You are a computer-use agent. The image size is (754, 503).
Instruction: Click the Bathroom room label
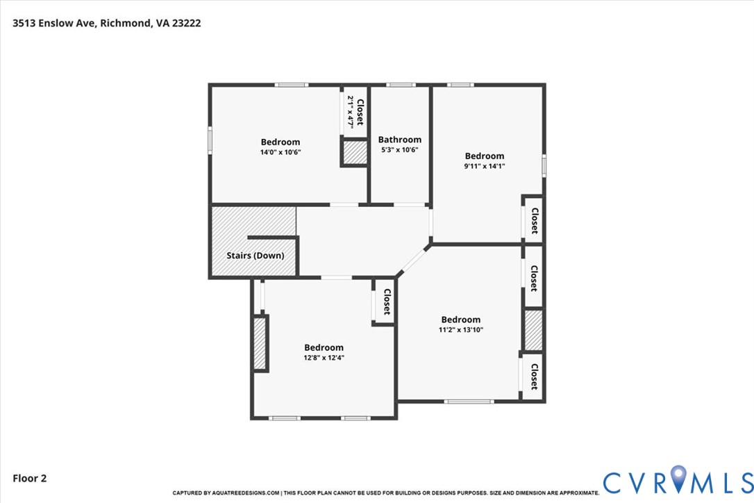pyautogui.click(x=400, y=140)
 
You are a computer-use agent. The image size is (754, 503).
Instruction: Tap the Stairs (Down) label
pyautogui.click(x=255, y=256)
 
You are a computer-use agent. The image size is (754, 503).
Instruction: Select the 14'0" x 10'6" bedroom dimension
pyautogui.click(x=280, y=152)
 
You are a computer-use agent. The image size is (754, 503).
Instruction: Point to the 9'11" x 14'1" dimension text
pyautogui.click(x=484, y=166)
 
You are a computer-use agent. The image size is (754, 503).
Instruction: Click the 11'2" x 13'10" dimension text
pyautogui.click(x=461, y=330)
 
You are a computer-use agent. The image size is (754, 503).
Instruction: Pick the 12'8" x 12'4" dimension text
pyautogui.click(x=324, y=358)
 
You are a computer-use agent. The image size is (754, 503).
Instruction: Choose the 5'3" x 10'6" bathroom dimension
pyautogui.click(x=400, y=149)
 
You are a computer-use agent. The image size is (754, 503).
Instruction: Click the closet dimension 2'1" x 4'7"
pyautogui.click(x=351, y=111)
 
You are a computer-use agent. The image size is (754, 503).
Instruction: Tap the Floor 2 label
pyautogui.click(x=29, y=478)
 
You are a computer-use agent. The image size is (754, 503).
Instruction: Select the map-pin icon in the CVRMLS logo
pyautogui.click(x=678, y=479)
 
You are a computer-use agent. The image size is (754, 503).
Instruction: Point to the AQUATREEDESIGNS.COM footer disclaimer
pyautogui.click(x=385, y=493)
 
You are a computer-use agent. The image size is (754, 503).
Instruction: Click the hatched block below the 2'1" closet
pyautogui.click(x=355, y=152)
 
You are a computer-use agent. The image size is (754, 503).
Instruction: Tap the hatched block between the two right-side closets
pyautogui.click(x=533, y=330)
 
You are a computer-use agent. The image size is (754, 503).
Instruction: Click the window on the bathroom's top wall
pyautogui.click(x=401, y=85)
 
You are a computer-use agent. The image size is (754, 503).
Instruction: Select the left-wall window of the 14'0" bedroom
pyautogui.click(x=210, y=140)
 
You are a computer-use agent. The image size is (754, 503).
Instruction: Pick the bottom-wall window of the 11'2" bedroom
pyautogui.click(x=469, y=401)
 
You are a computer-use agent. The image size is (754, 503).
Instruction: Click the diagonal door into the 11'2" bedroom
pyautogui.click(x=413, y=261)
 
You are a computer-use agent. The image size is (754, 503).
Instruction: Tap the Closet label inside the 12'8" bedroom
pyautogui.click(x=387, y=302)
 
